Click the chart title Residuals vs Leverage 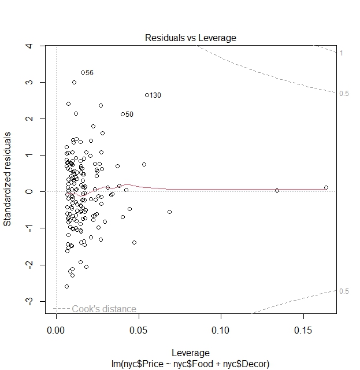pyautogui.click(x=190, y=38)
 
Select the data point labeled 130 pyautogui.click(x=147, y=95)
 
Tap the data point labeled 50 pyautogui.click(x=123, y=114)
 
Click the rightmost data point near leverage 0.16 pyautogui.click(x=326, y=187)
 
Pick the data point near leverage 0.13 pyautogui.click(x=277, y=190)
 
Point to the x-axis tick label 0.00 pyautogui.click(x=56, y=331)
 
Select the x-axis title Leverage pyautogui.click(x=190, y=353)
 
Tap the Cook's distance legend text pyautogui.click(x=104, y=309)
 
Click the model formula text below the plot pyautogui.click(x=190, y=362)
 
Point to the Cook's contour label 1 pyautogui.click(x=342, y=53)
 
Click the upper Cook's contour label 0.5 pyautogui.click(x=344, y=94)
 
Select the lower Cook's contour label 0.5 pyautogui.click(x=344, y=291)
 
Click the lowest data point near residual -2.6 pyautogui.click(x=66, y=286)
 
